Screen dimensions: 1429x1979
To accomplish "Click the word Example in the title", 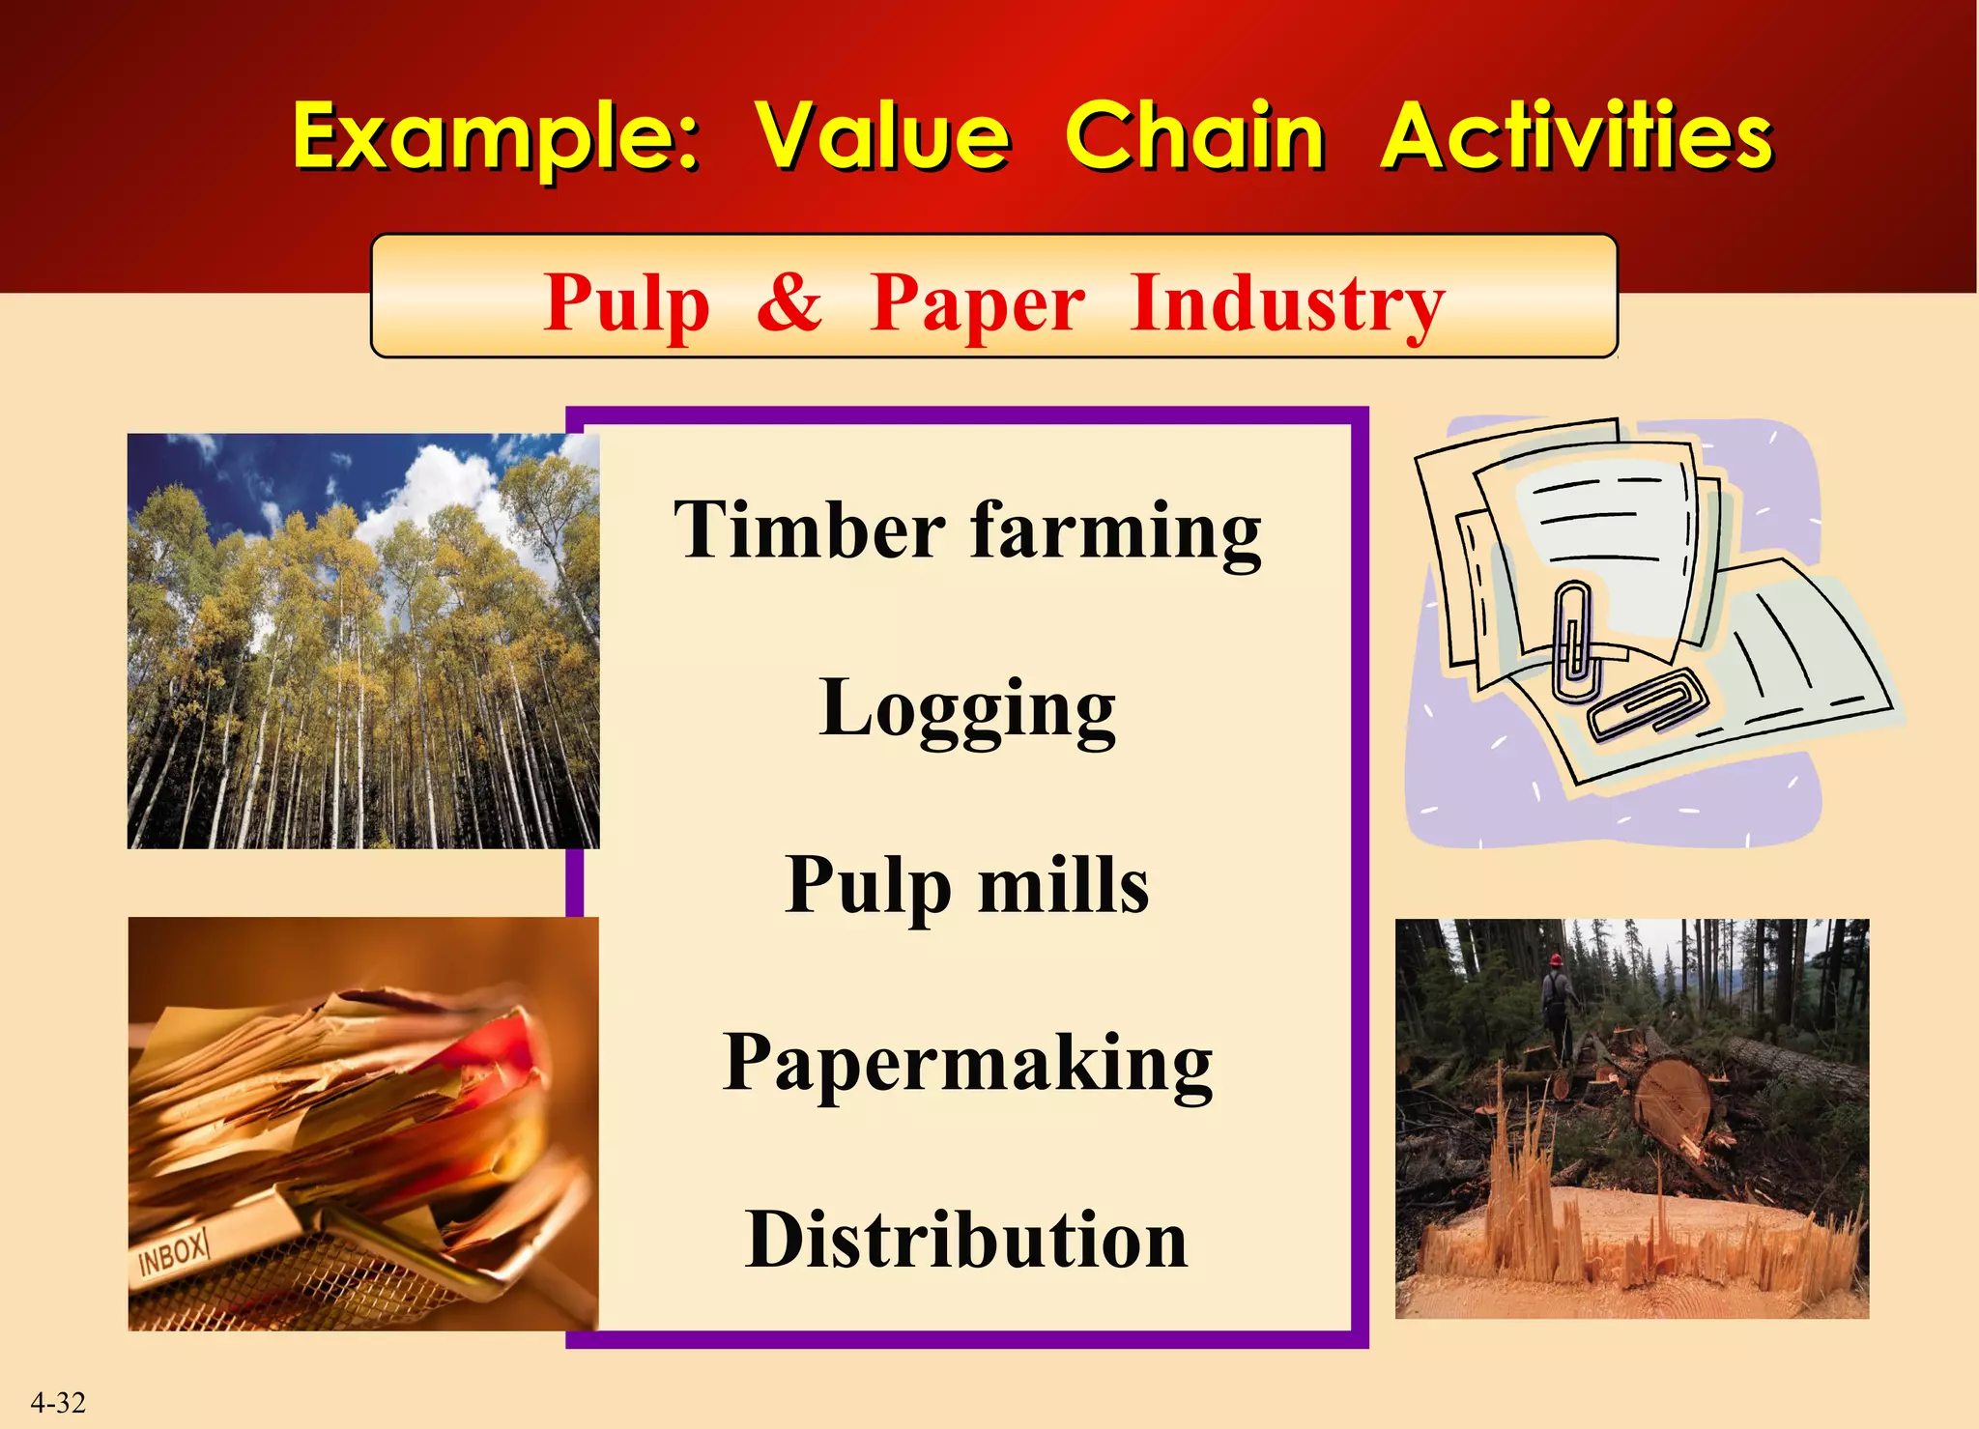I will pos(493,137).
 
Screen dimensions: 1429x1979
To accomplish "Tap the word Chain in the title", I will pos(1194,137).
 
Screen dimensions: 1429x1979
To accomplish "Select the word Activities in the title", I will pos(1576,137).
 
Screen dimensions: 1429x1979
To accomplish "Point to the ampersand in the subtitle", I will pos(789,301).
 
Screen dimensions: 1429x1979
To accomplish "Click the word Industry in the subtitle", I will pos(1286,303).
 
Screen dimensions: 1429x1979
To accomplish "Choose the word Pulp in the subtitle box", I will pos(626,303).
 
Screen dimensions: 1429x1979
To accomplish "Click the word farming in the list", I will pos(1115,531).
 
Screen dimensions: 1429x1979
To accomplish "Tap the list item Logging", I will pos(967,708).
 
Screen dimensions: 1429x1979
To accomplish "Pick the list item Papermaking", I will pos(967,1063).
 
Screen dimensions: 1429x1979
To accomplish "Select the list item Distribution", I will pos(967,1240).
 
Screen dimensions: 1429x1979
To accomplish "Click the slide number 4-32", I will pos(58,1402).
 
